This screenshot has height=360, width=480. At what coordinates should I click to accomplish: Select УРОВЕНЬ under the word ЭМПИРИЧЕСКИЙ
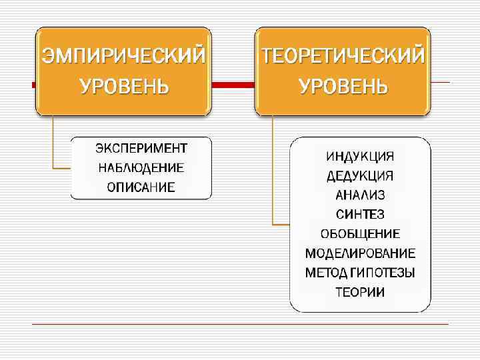[124, 87]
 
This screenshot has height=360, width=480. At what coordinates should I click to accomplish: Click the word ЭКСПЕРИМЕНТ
[141, 147]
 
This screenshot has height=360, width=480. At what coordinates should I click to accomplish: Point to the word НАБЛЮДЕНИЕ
[141, 167]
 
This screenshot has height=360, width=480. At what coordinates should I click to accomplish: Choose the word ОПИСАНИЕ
[141, 187]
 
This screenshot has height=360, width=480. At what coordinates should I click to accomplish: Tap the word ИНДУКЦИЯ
[360, 157]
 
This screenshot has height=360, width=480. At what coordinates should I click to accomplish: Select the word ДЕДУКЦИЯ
[360, 176]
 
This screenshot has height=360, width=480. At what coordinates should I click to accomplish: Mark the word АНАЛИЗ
[360, 195]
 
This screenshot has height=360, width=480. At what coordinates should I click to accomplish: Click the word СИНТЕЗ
[360, 215]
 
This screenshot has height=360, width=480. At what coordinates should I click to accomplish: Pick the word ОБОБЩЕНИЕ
[360, 234]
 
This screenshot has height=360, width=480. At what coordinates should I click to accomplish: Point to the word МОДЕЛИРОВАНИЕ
[360, 253]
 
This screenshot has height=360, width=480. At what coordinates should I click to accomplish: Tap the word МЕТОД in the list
[326, 273]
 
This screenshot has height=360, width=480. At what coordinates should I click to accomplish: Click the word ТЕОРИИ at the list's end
[360, 292]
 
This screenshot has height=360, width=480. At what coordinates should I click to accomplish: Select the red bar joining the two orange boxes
[233, 85]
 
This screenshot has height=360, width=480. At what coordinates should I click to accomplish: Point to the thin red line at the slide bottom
[240, 324]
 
